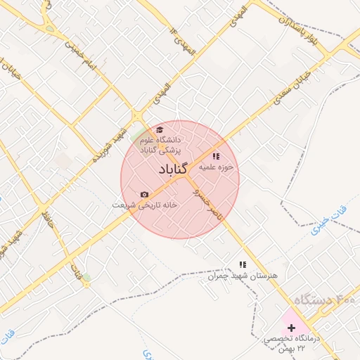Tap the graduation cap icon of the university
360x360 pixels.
[x=160, y=130]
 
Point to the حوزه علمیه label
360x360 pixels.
[x=216, y=168]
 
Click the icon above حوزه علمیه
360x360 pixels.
[x=216, y=156]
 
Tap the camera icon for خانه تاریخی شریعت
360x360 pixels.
[x=145, y=194]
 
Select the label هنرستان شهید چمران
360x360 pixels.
[x=243, y=276]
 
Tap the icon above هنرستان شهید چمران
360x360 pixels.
[x=243, y=264]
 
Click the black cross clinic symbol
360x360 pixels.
[x=292, y=328]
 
